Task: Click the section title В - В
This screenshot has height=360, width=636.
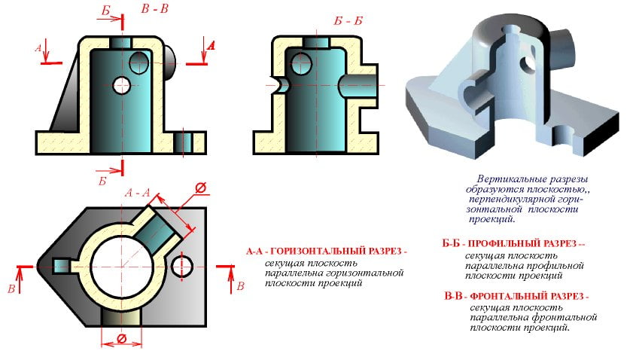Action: pos(154,8)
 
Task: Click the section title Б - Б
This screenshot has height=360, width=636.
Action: pos(348,20)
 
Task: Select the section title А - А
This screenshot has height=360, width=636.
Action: pos(137,192)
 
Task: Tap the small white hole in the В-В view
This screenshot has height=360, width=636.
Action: pos(121,86)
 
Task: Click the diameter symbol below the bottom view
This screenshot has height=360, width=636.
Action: pos(121,339)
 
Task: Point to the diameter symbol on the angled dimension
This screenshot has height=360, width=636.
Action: pos(201,188)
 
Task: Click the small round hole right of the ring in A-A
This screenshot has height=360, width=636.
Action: pos(182,267)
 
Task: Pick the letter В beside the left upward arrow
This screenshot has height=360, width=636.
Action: pos(12,288)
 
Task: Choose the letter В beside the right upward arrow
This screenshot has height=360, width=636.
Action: pos(241,286)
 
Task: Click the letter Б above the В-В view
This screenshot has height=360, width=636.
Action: pos(106,11)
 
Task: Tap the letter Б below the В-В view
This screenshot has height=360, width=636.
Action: pos(102,181)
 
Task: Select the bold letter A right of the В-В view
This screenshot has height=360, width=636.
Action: pos(211,45)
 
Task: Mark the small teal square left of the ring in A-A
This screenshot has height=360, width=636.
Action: pos(62,267)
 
